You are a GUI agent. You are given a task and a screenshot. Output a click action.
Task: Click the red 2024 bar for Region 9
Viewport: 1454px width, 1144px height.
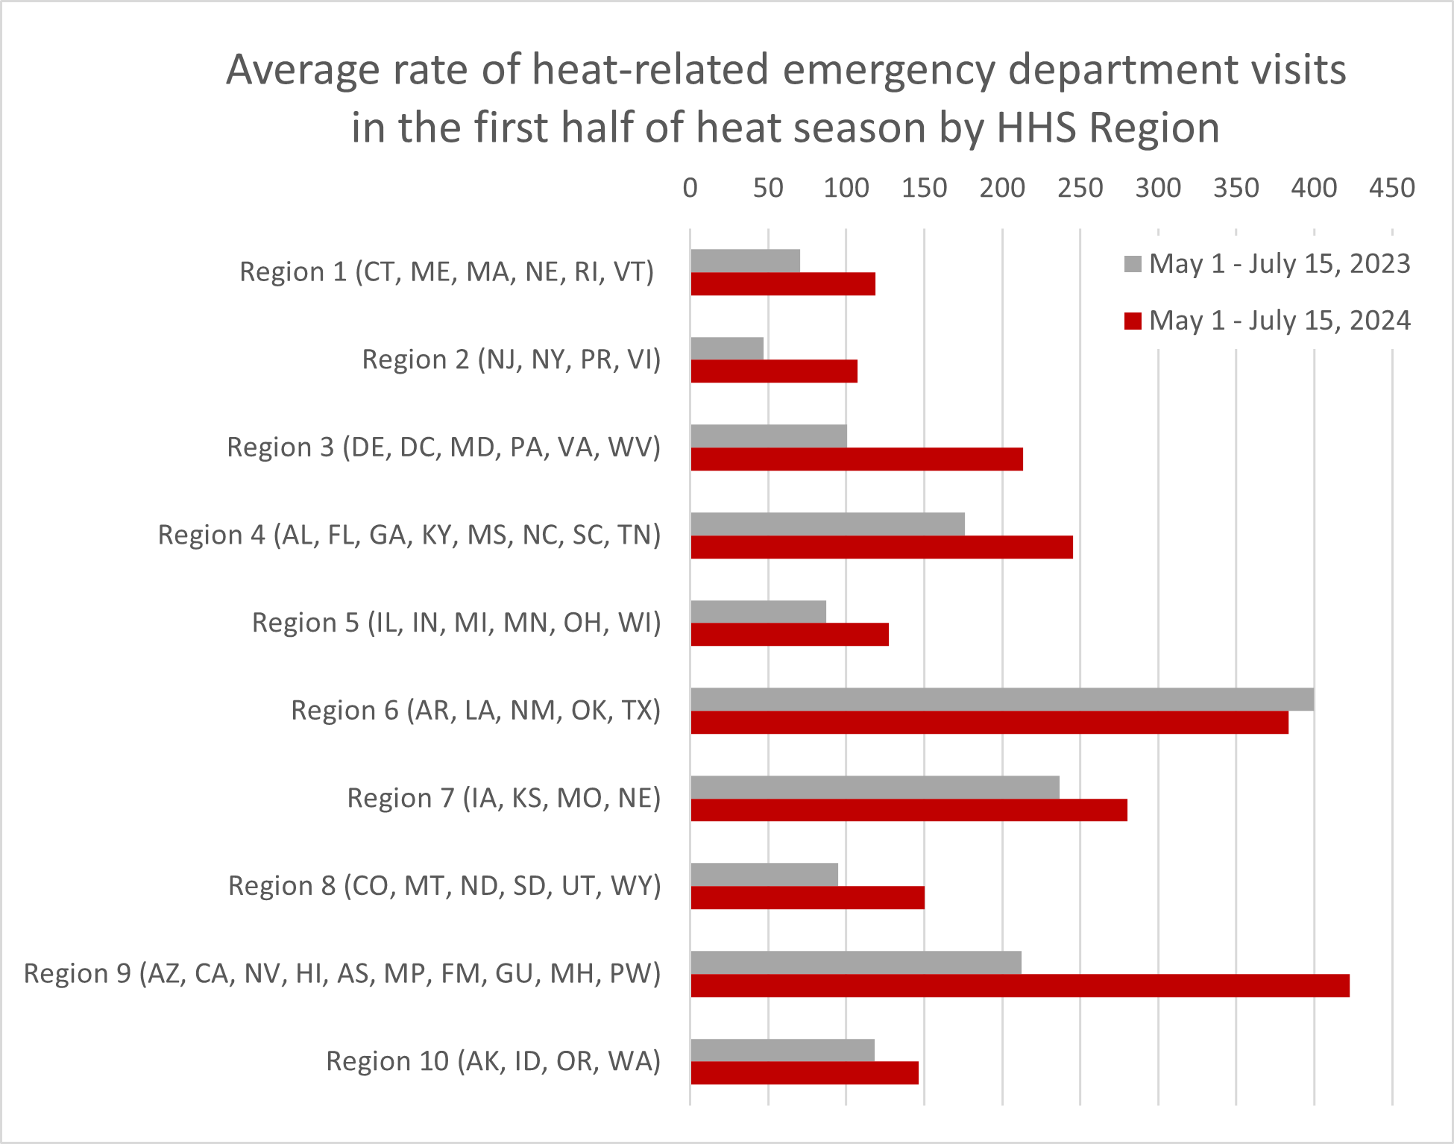(x=1019, y=985)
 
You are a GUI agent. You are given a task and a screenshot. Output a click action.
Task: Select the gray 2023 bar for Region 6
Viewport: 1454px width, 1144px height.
(x=1001, y=700)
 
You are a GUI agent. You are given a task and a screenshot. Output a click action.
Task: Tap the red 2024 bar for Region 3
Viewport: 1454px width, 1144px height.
(x=856, y=459)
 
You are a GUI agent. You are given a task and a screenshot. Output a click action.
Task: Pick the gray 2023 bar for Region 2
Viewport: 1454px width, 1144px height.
(x=727, y=348)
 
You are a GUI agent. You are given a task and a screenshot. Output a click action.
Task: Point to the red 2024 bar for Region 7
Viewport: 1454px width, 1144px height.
(x=908, y=810)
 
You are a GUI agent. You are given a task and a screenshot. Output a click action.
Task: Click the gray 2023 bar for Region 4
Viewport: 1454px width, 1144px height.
(x=828, y=524)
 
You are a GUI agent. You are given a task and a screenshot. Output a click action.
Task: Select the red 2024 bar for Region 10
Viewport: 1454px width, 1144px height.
(x=804, y=1073)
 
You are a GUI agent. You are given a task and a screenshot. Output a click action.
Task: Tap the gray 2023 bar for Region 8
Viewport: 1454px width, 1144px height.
(x=764, y=875)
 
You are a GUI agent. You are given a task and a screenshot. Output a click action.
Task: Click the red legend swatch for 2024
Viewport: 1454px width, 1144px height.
(x=1133, y=321)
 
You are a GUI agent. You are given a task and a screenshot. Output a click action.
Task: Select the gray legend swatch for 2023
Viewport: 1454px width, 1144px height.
(x=1133, y=264)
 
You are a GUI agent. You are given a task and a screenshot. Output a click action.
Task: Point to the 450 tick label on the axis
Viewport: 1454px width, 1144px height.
(x=1391, y=188)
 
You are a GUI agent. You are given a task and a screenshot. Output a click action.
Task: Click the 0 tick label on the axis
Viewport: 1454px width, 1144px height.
(x=690, y=188)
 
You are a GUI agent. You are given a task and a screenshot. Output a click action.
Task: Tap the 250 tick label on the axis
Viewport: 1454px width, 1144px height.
(x=1080, y=188)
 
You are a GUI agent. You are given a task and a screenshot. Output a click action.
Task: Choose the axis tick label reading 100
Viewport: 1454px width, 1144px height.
(x=846, y=188)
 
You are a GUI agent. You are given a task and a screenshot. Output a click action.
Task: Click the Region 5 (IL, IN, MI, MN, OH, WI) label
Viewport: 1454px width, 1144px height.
(x=456, y=622)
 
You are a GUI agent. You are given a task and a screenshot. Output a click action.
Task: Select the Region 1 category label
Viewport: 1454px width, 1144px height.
(x=447, y=271)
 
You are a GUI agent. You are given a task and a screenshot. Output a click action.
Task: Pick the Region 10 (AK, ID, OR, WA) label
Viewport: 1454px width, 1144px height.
(x=493, y=1060)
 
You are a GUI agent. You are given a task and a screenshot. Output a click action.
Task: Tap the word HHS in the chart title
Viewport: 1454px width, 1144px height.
(x=1036, y=128)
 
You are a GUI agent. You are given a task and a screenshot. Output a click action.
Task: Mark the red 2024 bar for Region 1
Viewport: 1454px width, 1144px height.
(x=783, y=284)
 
